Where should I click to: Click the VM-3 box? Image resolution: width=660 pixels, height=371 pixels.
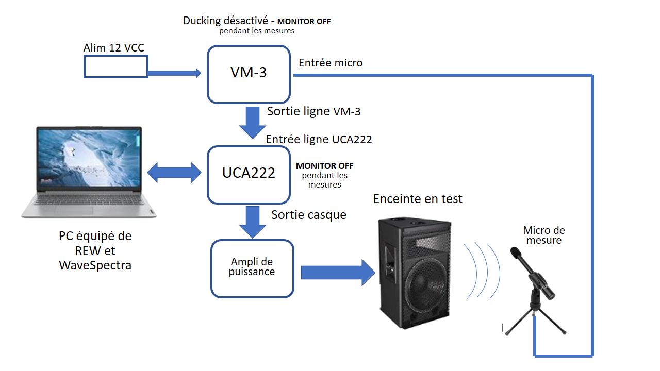[x=249, y=74]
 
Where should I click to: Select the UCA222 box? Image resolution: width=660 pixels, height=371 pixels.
[x=249, y=174]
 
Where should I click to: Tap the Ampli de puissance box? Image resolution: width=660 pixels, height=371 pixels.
[x=252, y=268]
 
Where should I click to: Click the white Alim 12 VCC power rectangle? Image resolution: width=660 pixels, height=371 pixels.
[x=115, y=66]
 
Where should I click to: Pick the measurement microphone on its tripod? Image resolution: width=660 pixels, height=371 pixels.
[x=534, y=289]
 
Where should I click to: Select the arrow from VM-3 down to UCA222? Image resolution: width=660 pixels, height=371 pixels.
[x=253, y=122]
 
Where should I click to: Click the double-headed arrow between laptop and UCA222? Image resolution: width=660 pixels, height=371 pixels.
[x=174, y=173]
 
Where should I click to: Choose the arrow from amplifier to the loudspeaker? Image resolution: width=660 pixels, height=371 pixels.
[x=338, y=272]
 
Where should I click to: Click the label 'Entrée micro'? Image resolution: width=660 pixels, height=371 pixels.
[x=331, y=63]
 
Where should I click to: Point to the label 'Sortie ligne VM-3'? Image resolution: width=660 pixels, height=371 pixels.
[x=313, y=111]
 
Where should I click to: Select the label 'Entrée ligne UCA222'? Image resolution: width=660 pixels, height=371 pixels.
[x=319, y=139]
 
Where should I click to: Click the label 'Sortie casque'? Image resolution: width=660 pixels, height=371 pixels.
[x=309, y=215]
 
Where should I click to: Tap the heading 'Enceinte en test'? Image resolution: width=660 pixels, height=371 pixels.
[x=418, y=199]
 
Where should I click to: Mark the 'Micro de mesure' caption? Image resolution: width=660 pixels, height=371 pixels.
[x=543, y=235]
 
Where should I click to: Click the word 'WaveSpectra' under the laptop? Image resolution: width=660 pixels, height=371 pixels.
[x=95, y=265]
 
